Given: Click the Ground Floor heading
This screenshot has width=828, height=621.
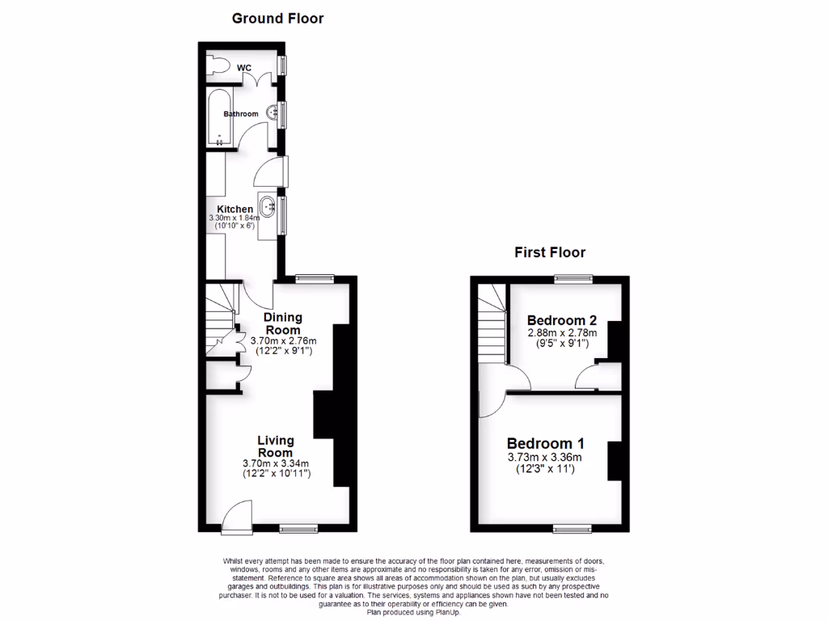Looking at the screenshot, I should coord(277,19).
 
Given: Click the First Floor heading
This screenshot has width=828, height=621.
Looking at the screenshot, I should coord(550,252).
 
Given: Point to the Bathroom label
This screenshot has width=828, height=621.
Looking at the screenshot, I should coord(241,114).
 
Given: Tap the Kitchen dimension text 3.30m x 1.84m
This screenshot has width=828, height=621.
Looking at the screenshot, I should coord(235,218).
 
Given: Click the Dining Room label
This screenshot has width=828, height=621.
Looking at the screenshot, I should coord(283,323).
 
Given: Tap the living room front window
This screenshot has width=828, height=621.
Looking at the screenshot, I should coord(298,529).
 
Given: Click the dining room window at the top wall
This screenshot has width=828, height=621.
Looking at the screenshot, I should coord(315,279).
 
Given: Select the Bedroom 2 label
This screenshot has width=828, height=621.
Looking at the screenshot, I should coord(562,320).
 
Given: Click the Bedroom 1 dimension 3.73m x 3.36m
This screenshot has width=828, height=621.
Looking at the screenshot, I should coord(545,457).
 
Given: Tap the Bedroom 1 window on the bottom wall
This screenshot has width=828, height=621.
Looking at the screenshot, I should coord(572,529).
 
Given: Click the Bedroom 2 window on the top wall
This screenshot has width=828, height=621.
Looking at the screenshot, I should coord(573,279).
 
